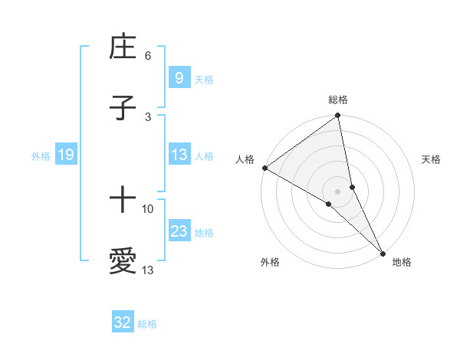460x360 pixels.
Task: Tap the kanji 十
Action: tap(123, 201)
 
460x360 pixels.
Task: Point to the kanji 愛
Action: tap(123, 261)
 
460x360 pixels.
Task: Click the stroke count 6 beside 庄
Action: tap(148, 56)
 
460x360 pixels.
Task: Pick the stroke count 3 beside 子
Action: tap(148, 116)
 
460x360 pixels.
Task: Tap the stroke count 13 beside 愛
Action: tap(148, 270)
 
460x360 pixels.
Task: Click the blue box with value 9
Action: tap(179, 78)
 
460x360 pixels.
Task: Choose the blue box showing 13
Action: tap(179, 155)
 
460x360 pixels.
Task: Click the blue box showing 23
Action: tap(179, 231)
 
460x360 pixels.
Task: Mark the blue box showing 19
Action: tap(66, 155)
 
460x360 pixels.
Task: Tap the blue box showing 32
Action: tap(123, 323)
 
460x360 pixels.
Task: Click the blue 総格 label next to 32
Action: tap(147, 324)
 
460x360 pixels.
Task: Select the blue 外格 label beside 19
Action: tap(41, 156)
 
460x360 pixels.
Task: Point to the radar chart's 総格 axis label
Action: tap(338, 100)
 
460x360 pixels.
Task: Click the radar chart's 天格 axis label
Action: tap(431, 159)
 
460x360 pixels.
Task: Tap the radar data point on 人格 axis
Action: tap(265, 168)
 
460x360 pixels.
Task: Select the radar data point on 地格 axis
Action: tap(383, 252)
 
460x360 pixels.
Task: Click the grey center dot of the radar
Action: tap(338, 191)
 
